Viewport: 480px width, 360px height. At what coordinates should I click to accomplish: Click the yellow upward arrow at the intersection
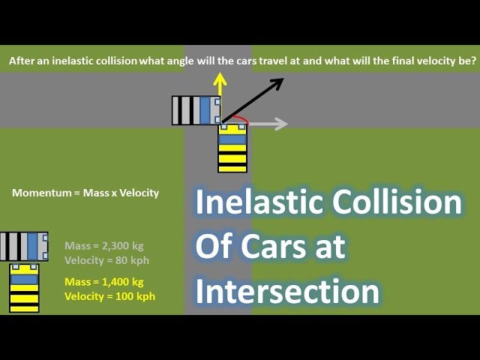(x=219, y=88)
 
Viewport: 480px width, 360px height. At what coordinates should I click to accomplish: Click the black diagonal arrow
(x=253, y=99)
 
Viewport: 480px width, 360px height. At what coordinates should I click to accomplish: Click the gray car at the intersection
(x=196, y=109)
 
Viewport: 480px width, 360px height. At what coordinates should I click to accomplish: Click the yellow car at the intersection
(x=232, y=148)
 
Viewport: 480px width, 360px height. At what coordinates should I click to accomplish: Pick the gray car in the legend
(x=24, y=246)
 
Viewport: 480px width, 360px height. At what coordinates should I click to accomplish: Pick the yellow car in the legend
(x=24, y=287)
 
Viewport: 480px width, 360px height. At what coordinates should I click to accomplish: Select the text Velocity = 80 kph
(x=106, y=259)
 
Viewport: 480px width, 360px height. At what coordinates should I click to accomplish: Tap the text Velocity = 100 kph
(x=109, y=296)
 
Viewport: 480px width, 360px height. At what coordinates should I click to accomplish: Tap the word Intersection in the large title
(x=287, y=291)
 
